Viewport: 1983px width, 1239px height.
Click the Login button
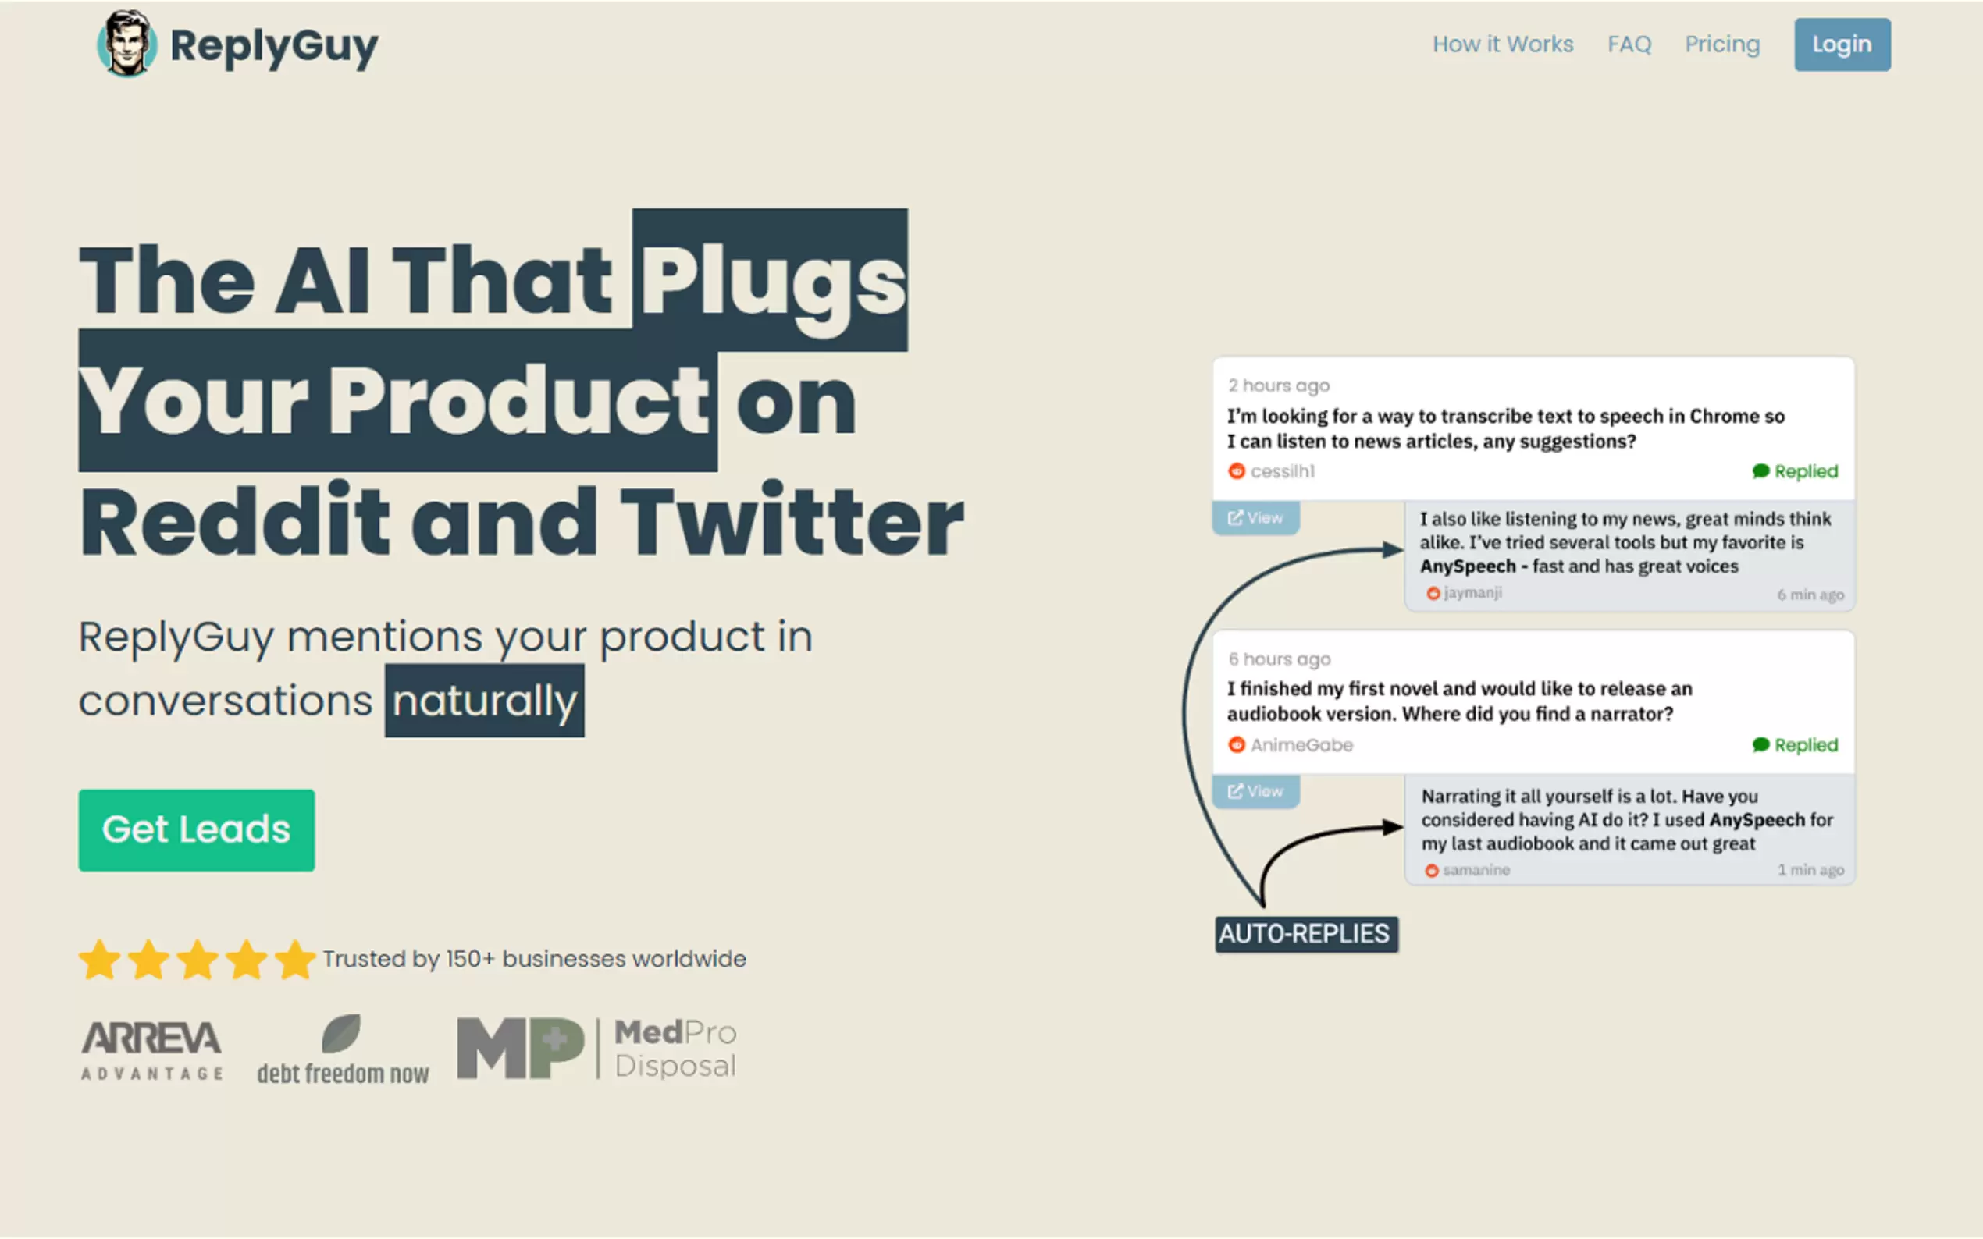point(1841,44)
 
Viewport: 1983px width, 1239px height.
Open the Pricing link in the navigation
point(1721,44)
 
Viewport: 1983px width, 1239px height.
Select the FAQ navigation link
point(1629,44)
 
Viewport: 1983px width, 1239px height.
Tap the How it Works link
point(1503,44)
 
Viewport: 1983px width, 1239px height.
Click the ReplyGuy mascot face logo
point(126,44)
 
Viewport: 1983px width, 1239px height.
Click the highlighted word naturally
point(485,701)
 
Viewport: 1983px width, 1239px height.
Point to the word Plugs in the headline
point(771,280)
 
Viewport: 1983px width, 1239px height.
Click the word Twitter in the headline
point(791,521)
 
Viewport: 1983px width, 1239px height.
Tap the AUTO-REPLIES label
point(1306,933)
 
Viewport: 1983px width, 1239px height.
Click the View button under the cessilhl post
point(1255,518)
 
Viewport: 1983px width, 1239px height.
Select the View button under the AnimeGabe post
point(1255,792)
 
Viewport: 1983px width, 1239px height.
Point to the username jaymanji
point(1472,592)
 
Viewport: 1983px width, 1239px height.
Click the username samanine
point(1476,869)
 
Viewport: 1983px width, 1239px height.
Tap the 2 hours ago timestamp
point(1278,385)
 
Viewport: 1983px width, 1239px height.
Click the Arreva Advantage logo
point(151,1050)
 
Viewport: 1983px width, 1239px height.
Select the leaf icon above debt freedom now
point(341,1032)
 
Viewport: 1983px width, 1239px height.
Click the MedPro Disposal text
point(675,1049)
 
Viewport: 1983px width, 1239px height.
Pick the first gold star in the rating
point(100,960)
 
